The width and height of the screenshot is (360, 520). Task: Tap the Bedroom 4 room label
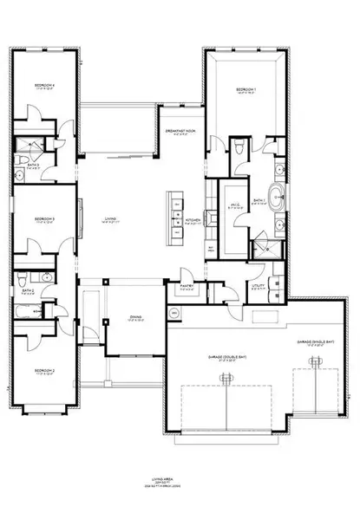44,85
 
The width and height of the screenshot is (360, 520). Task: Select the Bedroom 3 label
44,219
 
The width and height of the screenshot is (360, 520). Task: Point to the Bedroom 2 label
44,370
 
